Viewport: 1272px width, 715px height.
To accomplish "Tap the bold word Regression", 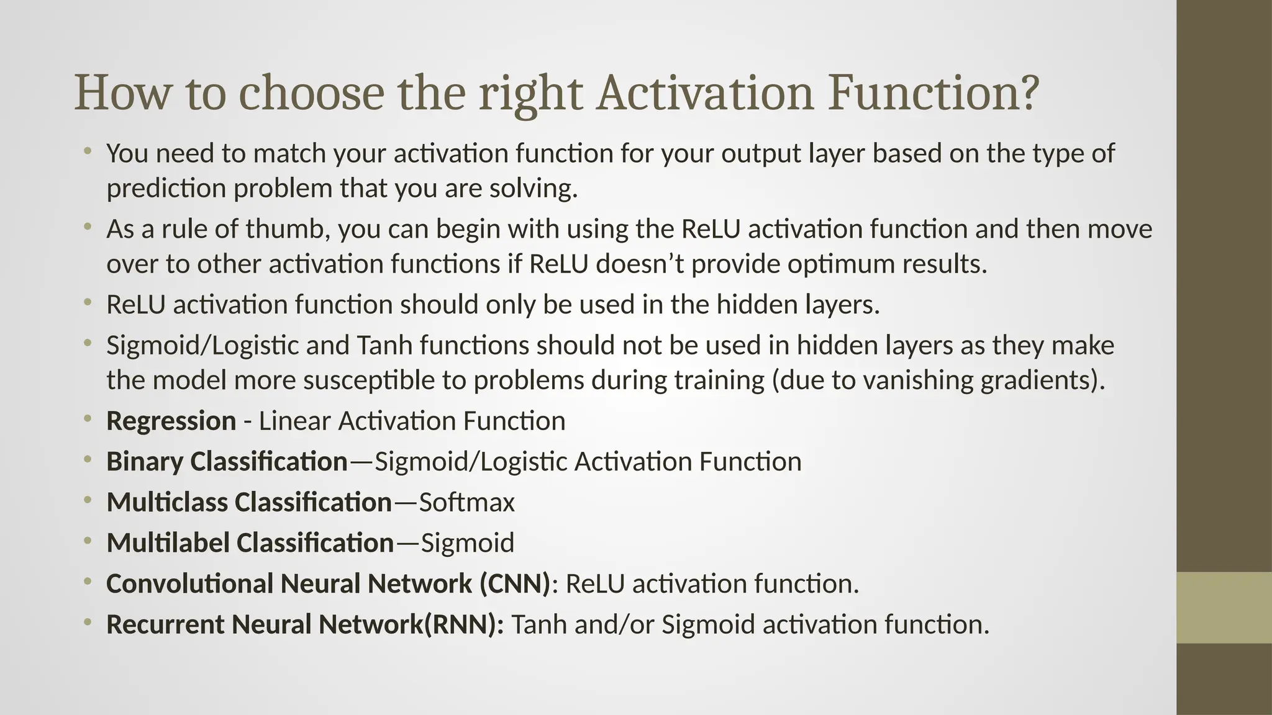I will click(171, 421).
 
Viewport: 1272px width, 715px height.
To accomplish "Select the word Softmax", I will click(466, 502).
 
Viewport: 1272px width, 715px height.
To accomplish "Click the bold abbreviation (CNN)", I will click(515, 583).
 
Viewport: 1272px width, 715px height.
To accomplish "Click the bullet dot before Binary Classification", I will click(88, 460).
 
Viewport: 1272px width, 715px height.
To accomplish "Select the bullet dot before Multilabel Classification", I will click(88, 541).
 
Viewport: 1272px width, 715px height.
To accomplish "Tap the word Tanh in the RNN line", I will click(538, 624).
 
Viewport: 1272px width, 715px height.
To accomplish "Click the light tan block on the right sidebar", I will click(1224, 608).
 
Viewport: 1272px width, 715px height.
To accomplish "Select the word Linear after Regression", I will click(294, 421).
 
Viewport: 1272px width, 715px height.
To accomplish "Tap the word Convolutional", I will click(189, 583).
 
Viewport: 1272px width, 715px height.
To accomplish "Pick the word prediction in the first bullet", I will click(166, 188).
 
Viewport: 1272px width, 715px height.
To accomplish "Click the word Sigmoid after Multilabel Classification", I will click(467, 543).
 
